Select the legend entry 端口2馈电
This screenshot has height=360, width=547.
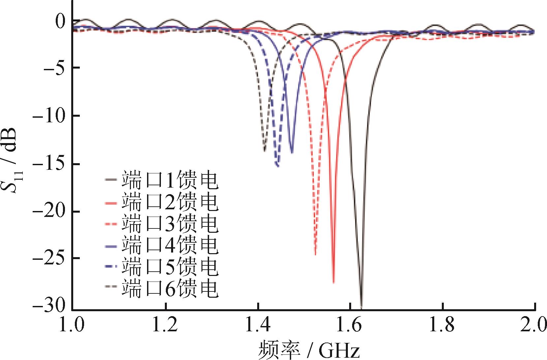click(x=162, y=202)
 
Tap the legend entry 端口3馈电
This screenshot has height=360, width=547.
click(x=162, y=224)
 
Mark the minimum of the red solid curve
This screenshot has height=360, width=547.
click(x=334, y=282)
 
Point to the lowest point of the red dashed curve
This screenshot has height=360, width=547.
click(x=315, y=254)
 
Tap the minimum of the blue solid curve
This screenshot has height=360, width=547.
click(x=292, y=152)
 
